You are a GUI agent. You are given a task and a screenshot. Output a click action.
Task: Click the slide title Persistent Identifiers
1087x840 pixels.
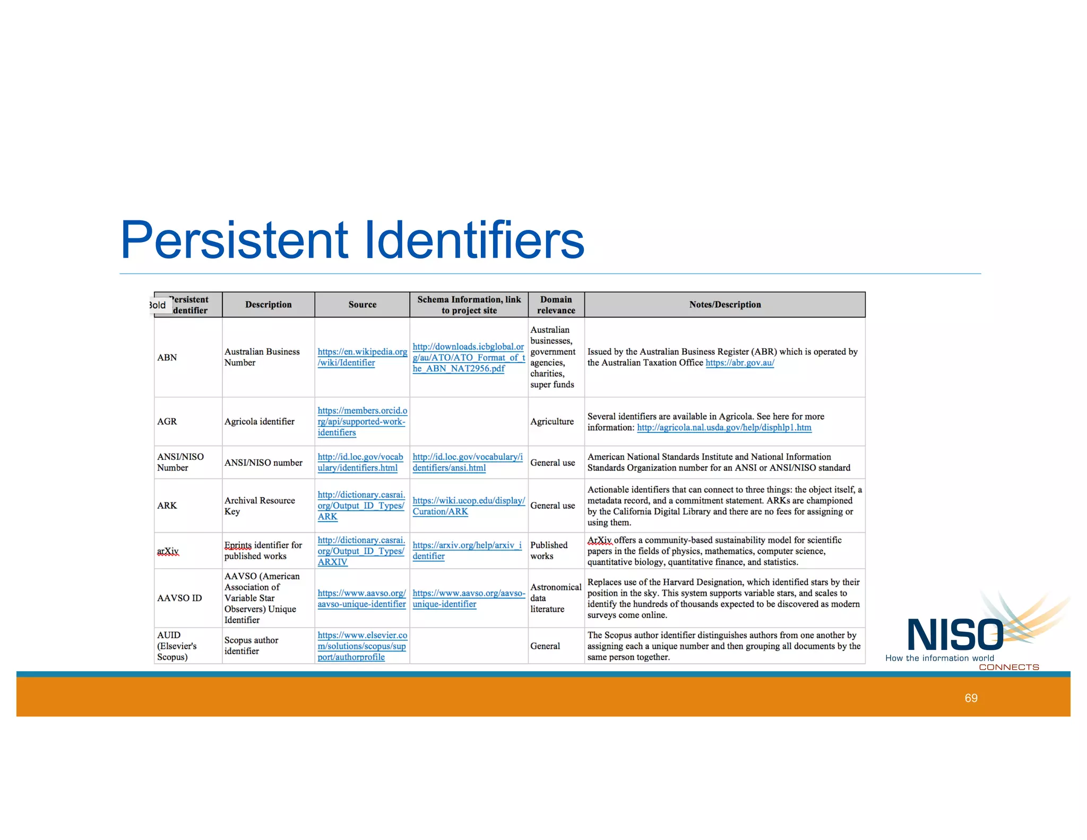click(x=352, y=240)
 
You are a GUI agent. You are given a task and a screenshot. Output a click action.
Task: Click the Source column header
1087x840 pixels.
click(x=362, y=305)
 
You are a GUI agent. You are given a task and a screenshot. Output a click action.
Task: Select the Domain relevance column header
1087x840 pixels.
click(x=556, y=305)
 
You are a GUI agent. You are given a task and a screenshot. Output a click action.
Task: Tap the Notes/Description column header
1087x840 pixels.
click(x=724, y=305)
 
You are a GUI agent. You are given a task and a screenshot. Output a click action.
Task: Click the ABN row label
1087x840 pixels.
click(x=167, y=357)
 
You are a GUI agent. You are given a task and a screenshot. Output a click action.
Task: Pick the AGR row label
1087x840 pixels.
click(x=167, y=422)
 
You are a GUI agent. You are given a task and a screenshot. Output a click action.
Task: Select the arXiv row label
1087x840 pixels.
click(x=168, y=551)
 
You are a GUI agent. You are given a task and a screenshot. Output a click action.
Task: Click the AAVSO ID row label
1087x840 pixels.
click(x=179, y=598)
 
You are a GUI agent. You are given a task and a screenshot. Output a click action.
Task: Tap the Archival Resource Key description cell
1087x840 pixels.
click(x=259, y=506)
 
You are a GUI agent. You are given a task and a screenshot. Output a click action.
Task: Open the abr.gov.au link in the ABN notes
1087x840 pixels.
click(x=739, y=363)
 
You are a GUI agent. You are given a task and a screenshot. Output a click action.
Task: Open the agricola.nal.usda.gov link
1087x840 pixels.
click(x=724, y=428)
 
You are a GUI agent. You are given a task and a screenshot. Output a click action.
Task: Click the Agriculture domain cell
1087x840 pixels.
click(x=552, y=422)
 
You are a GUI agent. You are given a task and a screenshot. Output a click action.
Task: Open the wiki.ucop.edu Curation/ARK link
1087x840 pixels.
click(x=468, y=506)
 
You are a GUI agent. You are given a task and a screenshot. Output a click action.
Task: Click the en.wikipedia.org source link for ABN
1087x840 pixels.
click(x=362, y=357)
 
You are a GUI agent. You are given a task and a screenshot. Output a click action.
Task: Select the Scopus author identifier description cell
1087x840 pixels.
click(x=251, y=646)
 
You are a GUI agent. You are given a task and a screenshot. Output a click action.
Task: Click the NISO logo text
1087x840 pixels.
click(x=955, y=636)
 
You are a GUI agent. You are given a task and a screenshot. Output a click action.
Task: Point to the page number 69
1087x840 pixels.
click(x=971, y=698)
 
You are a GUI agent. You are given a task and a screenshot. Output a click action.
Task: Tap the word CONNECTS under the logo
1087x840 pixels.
click(x=1008, y=667)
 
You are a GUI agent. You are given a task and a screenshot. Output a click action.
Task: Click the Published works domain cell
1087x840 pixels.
click(x=548, y=551)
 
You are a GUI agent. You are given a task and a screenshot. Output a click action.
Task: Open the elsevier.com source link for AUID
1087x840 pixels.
click(x=362, y=646)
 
